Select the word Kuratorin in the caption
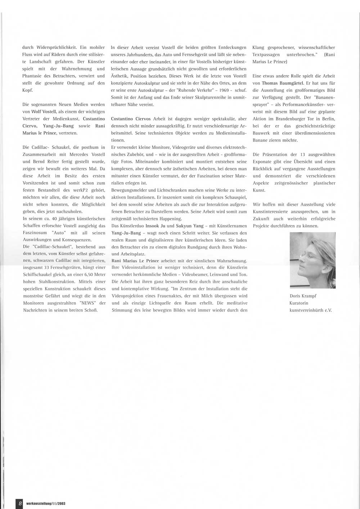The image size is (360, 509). pos(299,303)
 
